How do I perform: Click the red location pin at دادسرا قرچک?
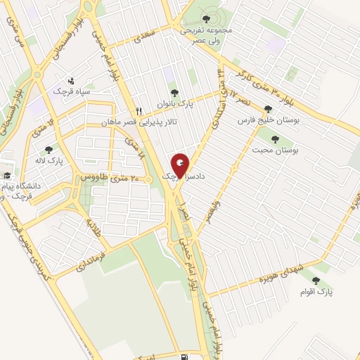click(181, 165)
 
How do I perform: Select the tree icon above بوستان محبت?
click(274, 139)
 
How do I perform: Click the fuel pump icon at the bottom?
click(184, 339)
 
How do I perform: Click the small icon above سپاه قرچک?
click(70, 81)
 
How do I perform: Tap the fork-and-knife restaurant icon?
click(139, 111)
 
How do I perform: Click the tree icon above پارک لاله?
click(49, 149)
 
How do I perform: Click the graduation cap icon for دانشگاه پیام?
click(7, 176)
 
